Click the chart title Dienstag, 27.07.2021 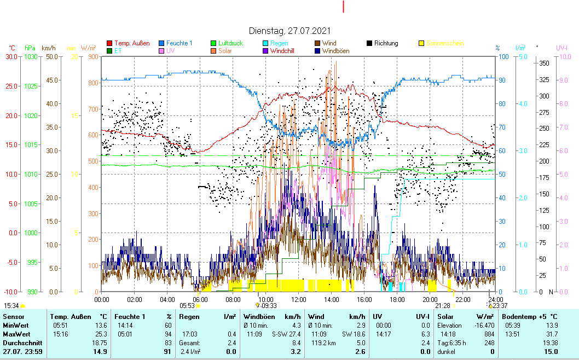click(289, 31)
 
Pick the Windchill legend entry click(285, 51)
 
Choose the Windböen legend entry click(336, 51)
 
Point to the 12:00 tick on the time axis click(298, 299)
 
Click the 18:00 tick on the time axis click(397, 299)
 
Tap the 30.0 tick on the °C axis click(11, 56)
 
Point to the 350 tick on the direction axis click(543, 63)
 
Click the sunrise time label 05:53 click(187, 306)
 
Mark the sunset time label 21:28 click(442, 306)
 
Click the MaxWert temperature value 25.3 click(101, 334)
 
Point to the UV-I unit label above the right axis click(562, 48)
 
